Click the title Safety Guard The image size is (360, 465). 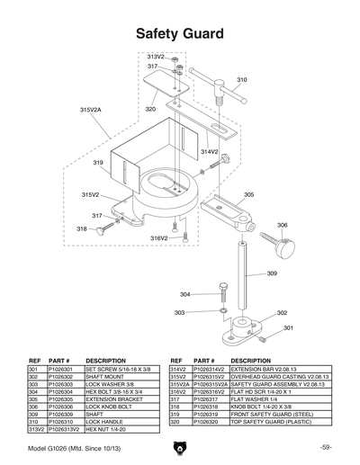pyautogui.click(x=180, y=34)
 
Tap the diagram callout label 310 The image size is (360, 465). pyautogui.click(x=241, y=80)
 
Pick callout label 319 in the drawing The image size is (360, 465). pyautogui.click(x=97, y=163)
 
